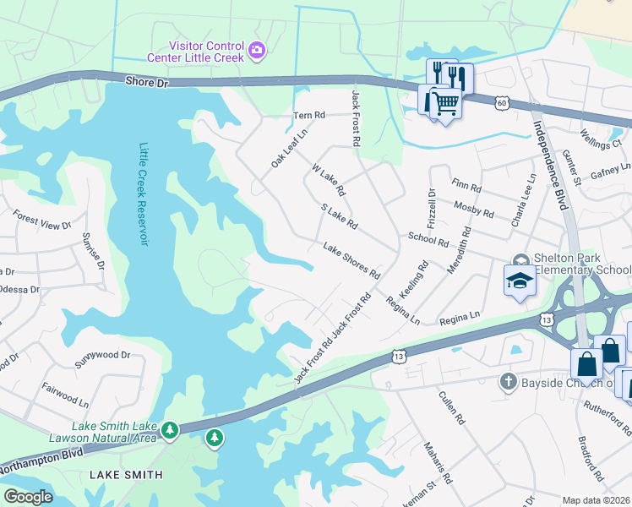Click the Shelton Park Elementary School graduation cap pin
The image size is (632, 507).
tap(520, 282)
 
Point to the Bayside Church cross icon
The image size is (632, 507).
tap(507, 382)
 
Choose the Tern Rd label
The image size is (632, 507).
tap(308, 115)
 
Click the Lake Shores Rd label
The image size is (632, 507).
tap(351, 260)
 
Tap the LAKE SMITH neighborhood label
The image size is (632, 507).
tap(126, 475)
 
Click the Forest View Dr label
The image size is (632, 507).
tap(42, 221)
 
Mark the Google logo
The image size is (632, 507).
tap(28, 497)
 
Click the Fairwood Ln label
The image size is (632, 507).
tap(65, 394)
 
